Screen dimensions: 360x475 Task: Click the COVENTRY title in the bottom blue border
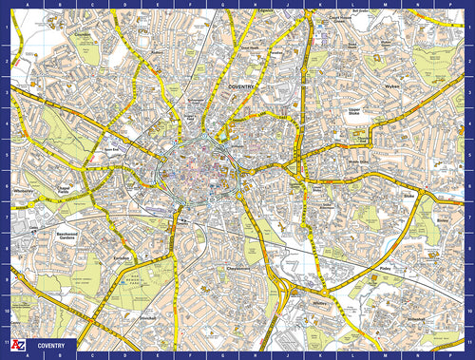[x=51, y=345]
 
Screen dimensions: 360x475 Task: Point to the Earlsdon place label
[x=120, y=257]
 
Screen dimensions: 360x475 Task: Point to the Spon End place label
[x=112, y=148]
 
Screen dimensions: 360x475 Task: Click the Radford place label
[x=158, y=53]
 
